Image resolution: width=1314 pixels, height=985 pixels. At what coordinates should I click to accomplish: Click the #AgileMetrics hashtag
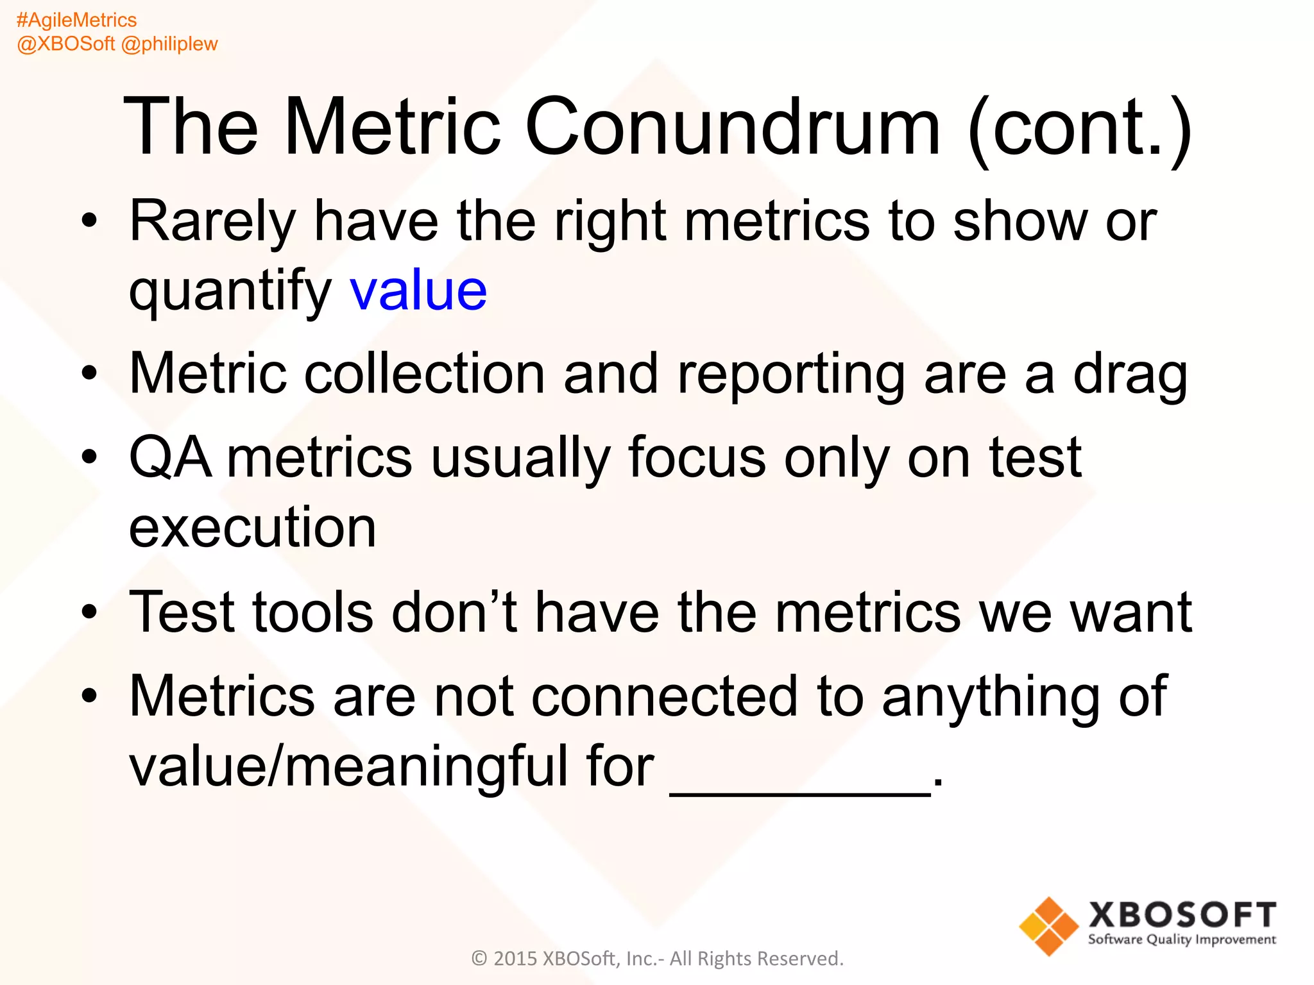[76, 20]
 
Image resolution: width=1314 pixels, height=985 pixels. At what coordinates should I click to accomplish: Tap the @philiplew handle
[169, 44]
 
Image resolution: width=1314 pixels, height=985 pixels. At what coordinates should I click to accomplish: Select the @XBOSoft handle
[65, 44]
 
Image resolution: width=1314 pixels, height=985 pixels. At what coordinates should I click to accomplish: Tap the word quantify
[230, 292]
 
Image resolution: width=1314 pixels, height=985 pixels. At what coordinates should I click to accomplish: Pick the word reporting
[791, 375]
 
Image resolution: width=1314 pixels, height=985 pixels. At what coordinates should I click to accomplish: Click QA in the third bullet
[170, 457]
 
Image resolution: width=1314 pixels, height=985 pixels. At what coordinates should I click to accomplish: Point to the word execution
[253, 527]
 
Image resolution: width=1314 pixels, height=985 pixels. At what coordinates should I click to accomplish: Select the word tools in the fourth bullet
[313, 612]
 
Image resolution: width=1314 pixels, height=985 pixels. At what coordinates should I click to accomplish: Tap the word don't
[454, 612]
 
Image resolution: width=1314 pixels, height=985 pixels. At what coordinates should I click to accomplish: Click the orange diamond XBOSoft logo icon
[1048, 926]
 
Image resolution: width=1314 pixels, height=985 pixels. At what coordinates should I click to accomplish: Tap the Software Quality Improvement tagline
[1182, 939]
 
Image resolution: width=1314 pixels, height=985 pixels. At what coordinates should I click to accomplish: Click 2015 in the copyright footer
[515, 958]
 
